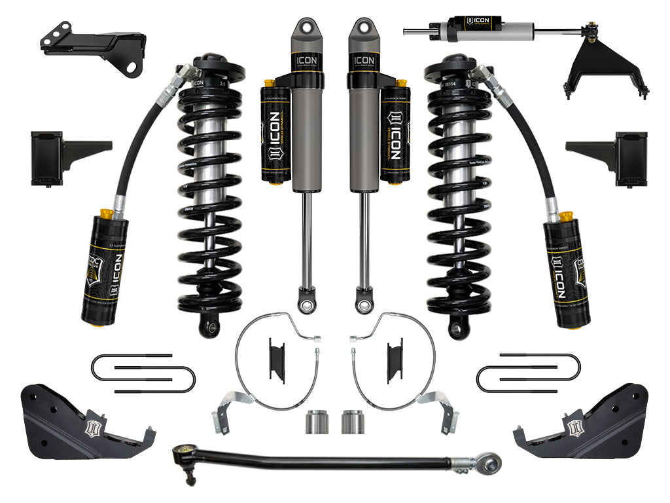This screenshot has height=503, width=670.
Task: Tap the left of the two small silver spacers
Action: point(315,421)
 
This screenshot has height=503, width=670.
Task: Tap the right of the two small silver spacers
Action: point(351,421)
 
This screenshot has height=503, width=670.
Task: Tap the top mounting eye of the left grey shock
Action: point(304,29)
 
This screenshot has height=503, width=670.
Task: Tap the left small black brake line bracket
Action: point(277,359)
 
